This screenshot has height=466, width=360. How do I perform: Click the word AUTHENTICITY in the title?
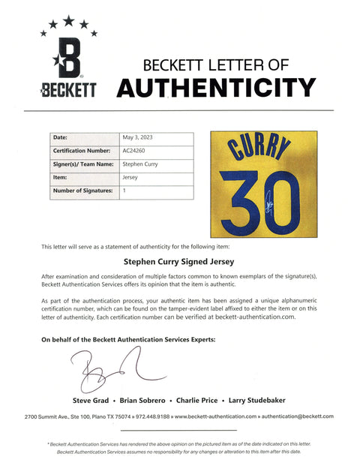pos(217,89)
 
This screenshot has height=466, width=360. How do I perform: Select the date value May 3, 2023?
pos(140,137)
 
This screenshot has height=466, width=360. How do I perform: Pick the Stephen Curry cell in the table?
pos(141,164)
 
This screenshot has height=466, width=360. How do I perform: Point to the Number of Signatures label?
pos(82,191)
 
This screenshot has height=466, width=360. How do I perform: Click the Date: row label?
pos(61,137)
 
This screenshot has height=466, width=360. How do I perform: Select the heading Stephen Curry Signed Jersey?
pos(179,263)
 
